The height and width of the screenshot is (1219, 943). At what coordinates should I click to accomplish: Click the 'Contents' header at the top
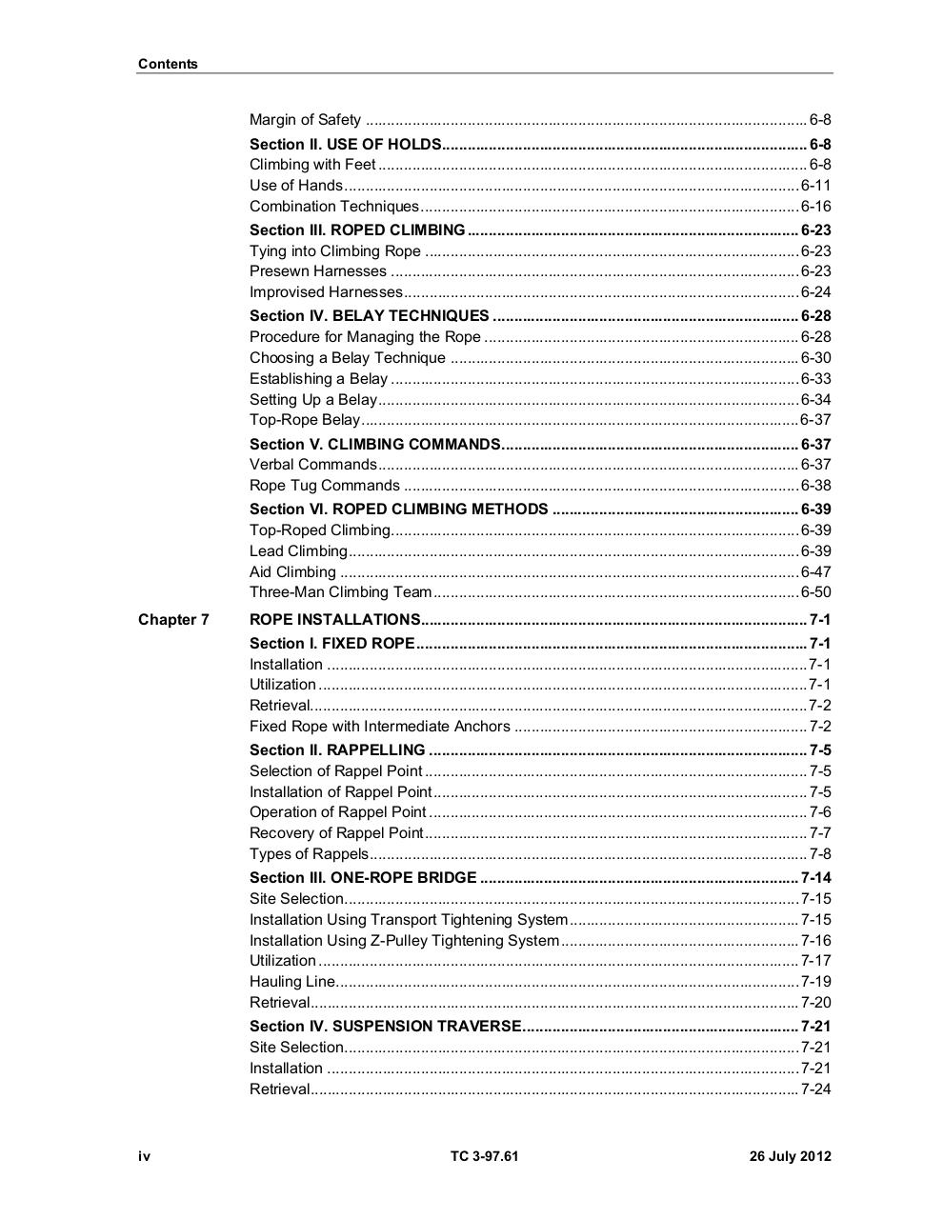[168, 64]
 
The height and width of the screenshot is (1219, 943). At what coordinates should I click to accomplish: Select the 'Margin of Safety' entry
[305, 120]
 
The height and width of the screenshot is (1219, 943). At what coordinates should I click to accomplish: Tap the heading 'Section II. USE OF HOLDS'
[345, 145]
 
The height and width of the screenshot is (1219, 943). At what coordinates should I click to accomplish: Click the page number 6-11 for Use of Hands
[815, 186]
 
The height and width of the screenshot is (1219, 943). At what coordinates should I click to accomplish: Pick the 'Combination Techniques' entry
[333, 207]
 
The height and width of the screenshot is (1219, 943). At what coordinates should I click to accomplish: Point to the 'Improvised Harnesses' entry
[326, 292]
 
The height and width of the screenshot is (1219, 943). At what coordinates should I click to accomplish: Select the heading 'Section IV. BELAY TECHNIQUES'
[369, 316]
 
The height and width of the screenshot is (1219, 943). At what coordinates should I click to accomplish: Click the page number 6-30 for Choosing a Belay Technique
[815, 358]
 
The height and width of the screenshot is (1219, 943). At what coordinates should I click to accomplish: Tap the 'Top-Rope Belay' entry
[305, 420]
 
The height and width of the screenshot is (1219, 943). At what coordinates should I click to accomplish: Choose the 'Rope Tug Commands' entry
[324, 486]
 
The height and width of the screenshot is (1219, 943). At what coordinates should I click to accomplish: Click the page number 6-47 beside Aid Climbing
[815, 572]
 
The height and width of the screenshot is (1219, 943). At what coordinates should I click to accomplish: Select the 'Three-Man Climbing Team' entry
[340, 592]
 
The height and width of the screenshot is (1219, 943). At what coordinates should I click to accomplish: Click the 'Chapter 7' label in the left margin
[173, 620]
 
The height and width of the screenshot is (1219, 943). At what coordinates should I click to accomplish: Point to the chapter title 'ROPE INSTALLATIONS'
[334, 620]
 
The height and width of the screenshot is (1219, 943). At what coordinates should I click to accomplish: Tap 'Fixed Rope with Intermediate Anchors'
[379, 727]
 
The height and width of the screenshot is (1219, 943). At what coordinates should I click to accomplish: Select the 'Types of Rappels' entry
[309, 854]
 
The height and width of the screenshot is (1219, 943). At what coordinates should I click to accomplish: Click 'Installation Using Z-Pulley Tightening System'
[404, 941]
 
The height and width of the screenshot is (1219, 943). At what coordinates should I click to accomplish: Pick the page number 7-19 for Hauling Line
[815, 982]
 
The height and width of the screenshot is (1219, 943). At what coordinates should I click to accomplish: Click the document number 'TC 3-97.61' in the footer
[485, 1157]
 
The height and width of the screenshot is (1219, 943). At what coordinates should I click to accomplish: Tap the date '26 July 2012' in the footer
[790, 1157]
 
